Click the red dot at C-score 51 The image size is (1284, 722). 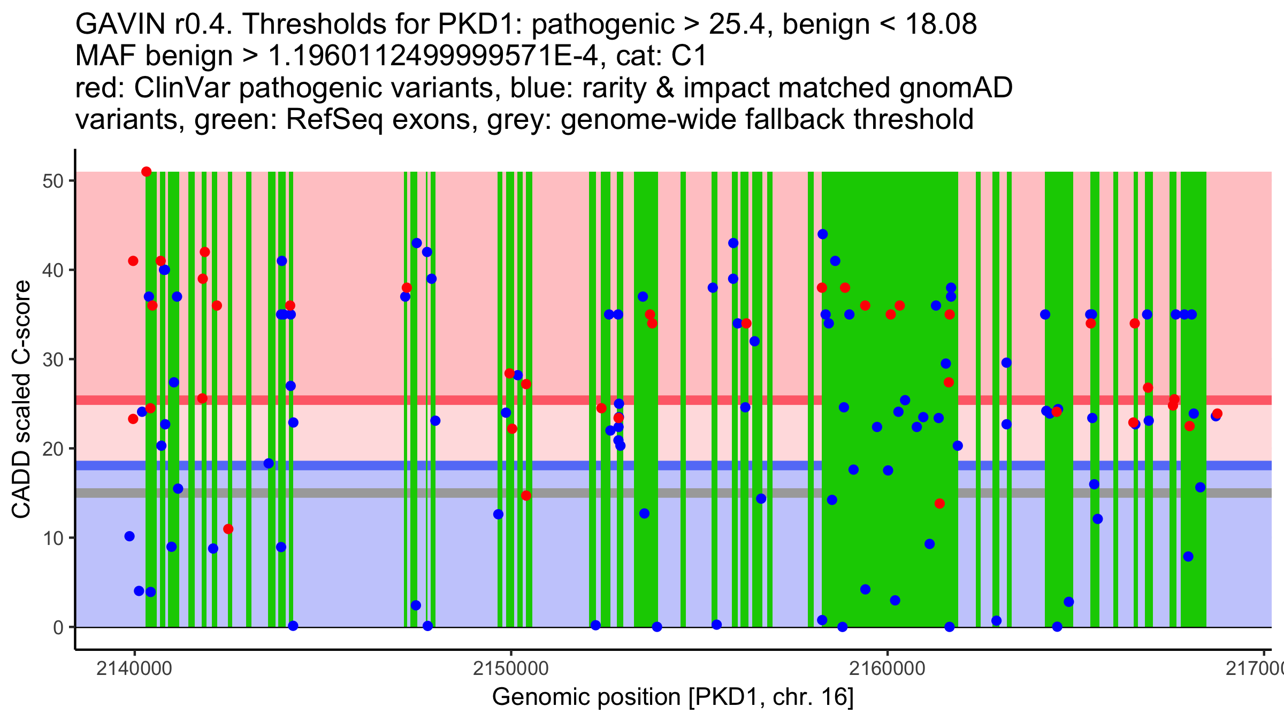coord(146,172)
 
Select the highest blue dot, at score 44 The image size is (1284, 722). coord(822,234)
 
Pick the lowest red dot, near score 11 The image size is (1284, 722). coord(228,529)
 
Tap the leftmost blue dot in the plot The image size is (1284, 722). coord(129,536)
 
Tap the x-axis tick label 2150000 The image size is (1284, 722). coord(511,669)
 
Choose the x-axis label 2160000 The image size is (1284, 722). coord(888,669)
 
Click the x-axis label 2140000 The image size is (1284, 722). coord(134,669)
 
